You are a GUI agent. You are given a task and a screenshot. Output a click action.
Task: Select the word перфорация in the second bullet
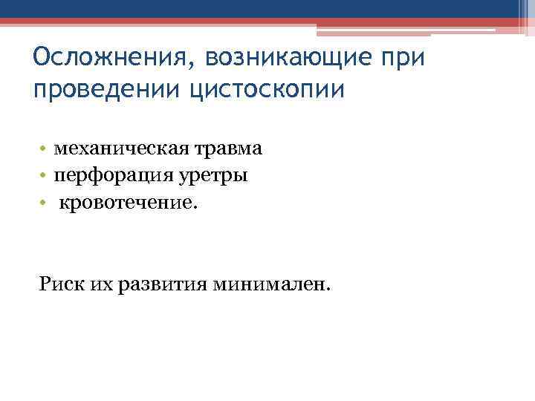(111, 175)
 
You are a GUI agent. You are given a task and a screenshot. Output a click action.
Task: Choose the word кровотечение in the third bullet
(128, 202)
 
